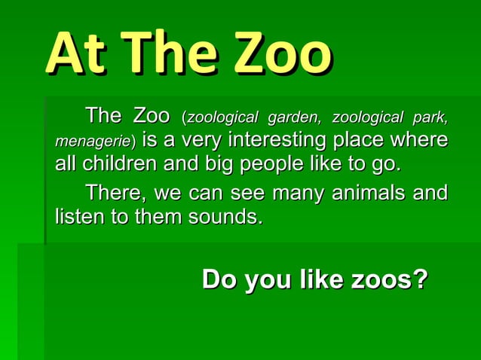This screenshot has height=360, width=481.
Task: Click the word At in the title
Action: click(x=71, y=55)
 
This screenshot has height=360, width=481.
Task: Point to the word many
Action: click(x=296, y=194)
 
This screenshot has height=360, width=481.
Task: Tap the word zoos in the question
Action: click(x=388, y=280)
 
